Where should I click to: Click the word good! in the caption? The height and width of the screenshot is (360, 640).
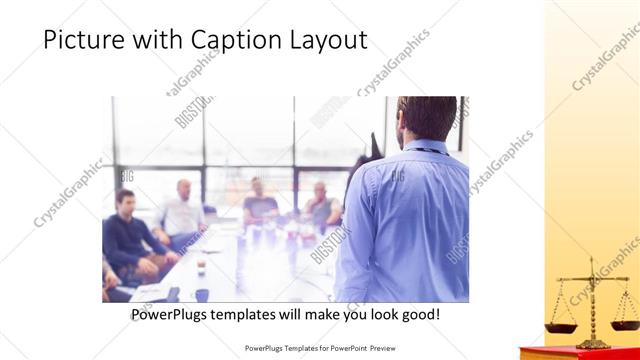click(x=418, y=314)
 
